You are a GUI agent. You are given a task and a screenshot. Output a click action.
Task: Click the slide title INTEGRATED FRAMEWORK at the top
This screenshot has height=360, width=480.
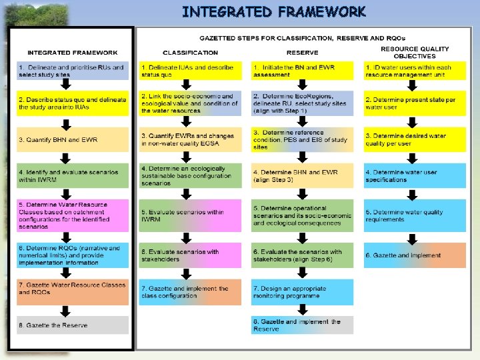pyautogui.click(x=273, y=11)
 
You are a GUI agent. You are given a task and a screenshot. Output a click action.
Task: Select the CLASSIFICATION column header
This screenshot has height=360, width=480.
pyautogui.click(x=190, y=52)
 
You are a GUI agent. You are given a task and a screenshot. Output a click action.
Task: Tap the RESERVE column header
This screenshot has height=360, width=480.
pyautogui.click(x=302, y=52)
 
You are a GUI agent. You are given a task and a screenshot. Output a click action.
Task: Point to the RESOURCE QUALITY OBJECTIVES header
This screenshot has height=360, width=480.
pyautogui.click(x=415, y=52)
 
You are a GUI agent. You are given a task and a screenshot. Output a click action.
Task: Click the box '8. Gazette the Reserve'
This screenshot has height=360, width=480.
pyautogui.click(x=73, y=325)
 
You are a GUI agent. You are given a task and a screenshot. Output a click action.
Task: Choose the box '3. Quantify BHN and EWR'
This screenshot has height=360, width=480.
pyautogui.click(x=73, y=139)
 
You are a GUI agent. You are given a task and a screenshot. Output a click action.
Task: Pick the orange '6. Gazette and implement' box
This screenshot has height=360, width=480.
pyautogui.click(x=415, y=255)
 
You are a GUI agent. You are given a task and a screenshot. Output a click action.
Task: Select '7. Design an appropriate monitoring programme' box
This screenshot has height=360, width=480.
pyautogui.click(x=302, y=291)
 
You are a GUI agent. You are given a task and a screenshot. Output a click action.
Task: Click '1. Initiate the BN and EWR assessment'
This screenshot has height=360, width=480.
pyautogui.click(x=302, y=71)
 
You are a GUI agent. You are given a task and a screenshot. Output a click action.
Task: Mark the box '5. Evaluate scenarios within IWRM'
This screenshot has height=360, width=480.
pyautogui.click(x=190, y=215)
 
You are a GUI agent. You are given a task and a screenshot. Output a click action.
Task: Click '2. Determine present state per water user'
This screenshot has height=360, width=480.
pyautogui.click(x=415, y=103)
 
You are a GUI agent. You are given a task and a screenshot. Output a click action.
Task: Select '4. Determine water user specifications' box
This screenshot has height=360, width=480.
pyautogui.click(x=415, y=176)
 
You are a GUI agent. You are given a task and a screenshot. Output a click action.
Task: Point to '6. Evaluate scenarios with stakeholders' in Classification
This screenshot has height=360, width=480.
pyautogui.click(x=190, y=255)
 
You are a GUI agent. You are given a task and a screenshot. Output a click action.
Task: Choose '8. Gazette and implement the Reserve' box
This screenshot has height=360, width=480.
pyautogui.click(x=302, y=325)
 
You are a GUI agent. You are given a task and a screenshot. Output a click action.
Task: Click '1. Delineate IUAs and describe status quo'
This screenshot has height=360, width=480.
pyautogui.click(x=190, y=71)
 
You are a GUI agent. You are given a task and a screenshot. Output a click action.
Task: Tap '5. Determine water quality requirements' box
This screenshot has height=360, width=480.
pyautogui.click(x=415, y=215)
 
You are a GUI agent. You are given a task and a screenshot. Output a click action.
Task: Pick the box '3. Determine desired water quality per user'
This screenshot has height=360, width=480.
pyautogui.click(x=415, y=139)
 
